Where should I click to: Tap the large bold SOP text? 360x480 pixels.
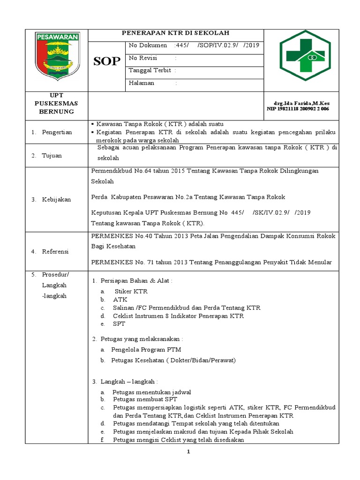pos(106,61)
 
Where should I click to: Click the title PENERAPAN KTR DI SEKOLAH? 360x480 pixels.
pos(176,33)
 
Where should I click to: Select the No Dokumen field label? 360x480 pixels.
pos(148,45)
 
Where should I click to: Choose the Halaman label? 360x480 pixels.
pos(142,83)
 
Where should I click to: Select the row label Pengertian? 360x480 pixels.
pos(57,132)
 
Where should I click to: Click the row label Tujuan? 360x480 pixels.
pos(52,155)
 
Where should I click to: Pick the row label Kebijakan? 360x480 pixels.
pos(56,199)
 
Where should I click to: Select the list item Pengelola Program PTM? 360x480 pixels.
pos(146,349)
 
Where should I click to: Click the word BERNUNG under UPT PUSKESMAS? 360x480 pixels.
pos(56,112)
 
